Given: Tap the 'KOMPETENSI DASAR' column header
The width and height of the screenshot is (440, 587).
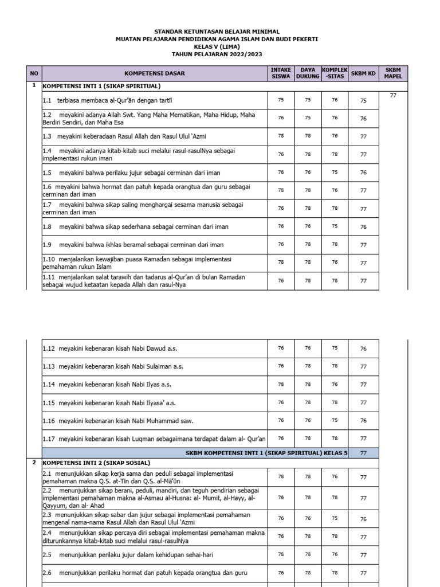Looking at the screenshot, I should click(x=155, y=73).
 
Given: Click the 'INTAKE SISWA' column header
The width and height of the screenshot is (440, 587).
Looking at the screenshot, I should click(x=281, y=73).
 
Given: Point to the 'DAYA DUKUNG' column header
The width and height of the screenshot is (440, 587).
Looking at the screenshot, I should click(x=308, y=73).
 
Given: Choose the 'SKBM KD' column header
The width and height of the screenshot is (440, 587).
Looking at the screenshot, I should click(x=363, y=73).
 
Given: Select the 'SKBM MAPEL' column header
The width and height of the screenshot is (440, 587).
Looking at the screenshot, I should click(x=393, y=73).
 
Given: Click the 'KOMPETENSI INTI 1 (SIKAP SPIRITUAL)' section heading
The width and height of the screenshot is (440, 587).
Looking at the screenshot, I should click(x=101, y=86).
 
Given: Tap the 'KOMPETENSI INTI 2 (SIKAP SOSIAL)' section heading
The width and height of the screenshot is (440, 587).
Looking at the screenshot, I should click(x=96, y=463).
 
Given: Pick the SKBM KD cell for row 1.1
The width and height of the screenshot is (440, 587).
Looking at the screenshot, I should click(x=363, y=100).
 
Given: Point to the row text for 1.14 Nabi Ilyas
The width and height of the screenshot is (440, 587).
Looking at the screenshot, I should click(x=107, y=385).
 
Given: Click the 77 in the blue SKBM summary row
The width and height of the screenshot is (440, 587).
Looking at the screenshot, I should click(x=363, y=453).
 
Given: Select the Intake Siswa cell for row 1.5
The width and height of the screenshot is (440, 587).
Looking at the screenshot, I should click(x=281, y=172).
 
